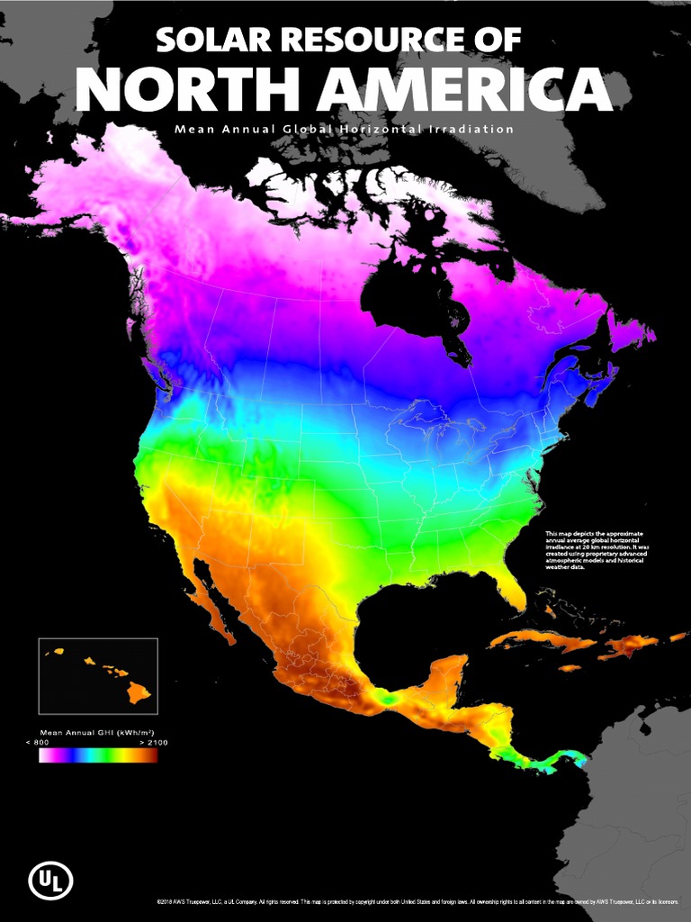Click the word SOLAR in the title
click(x=205, y=41)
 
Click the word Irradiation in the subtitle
click(x=470, y=129)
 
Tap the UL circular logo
click(x=50, y=881)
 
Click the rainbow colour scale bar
click(x=98, y=755)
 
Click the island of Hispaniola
click(x=630, y=646)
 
